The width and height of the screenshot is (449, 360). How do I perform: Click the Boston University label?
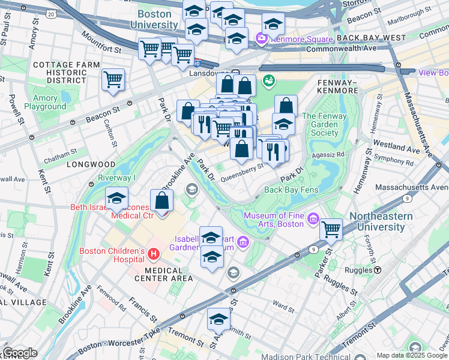(157, 19)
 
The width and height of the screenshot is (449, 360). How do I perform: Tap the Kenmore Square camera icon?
(261, 40)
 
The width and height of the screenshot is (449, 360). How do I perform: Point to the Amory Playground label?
(46, 102)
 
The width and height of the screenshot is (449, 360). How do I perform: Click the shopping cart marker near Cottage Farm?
(113, 80)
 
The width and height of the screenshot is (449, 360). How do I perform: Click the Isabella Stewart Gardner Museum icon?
(243, 242)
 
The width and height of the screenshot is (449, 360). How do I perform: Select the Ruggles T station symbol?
(378, 269)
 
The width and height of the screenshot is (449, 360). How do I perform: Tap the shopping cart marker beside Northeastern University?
(331, 229)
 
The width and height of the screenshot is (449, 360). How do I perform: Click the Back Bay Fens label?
(291, 190)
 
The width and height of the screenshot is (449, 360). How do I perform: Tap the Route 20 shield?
(51, 13)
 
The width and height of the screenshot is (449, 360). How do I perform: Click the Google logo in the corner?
(20, 353)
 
